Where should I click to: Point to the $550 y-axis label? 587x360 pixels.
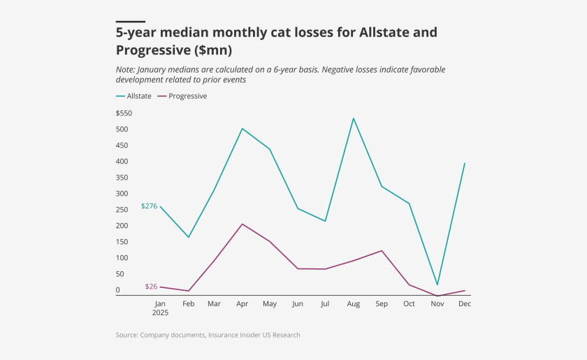[124, 113]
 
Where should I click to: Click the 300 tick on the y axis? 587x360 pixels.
[122, 194]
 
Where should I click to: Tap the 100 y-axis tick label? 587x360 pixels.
[122, 258]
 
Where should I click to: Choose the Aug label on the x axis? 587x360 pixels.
[354, 304]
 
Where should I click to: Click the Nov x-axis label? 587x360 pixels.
[437, 304]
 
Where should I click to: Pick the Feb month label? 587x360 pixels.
[187, 304]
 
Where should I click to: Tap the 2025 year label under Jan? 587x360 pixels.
[160, 312]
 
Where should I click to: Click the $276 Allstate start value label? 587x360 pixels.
[149, 206]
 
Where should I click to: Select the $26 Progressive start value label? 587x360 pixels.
[151, 287]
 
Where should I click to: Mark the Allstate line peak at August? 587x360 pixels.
[354, 118]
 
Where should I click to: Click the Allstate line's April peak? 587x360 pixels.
[242, 129]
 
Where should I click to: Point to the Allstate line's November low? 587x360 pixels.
[437, 285]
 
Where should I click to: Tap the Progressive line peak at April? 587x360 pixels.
[242, 224]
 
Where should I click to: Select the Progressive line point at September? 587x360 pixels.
[382, 250]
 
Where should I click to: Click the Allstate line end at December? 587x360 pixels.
[465, 163]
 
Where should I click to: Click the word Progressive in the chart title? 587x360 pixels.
[159, 50]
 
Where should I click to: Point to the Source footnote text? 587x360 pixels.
[208, 336]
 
